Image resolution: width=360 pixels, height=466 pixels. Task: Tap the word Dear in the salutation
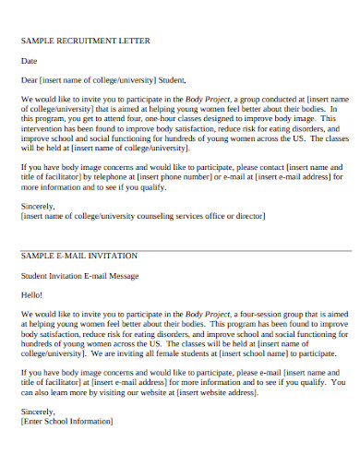[x=30, y=79]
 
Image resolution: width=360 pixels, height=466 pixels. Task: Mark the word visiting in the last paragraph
[x=109, y=392]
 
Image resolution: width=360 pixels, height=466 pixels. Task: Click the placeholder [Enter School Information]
[x=66, y=422]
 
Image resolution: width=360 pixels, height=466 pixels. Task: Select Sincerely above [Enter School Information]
[x=38, y=412]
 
